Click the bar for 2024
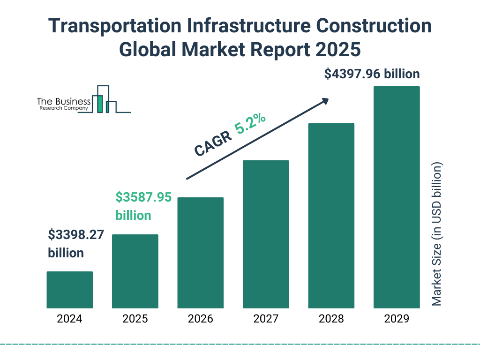tap(69, 290)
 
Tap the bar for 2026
tap(200, 253)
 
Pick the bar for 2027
tap(266, 234)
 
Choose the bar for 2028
tap(331, 216)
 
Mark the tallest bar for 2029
tap(397, 197)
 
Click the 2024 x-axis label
tap(69, 319)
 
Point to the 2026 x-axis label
tap(200, 319)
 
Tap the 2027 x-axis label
tap(266, 319)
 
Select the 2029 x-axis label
tap(397, 319)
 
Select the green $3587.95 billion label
tap(143, 206)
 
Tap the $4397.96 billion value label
tap(372, 74)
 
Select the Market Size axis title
tap(437, 234)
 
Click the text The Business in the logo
tap(64, 101)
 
